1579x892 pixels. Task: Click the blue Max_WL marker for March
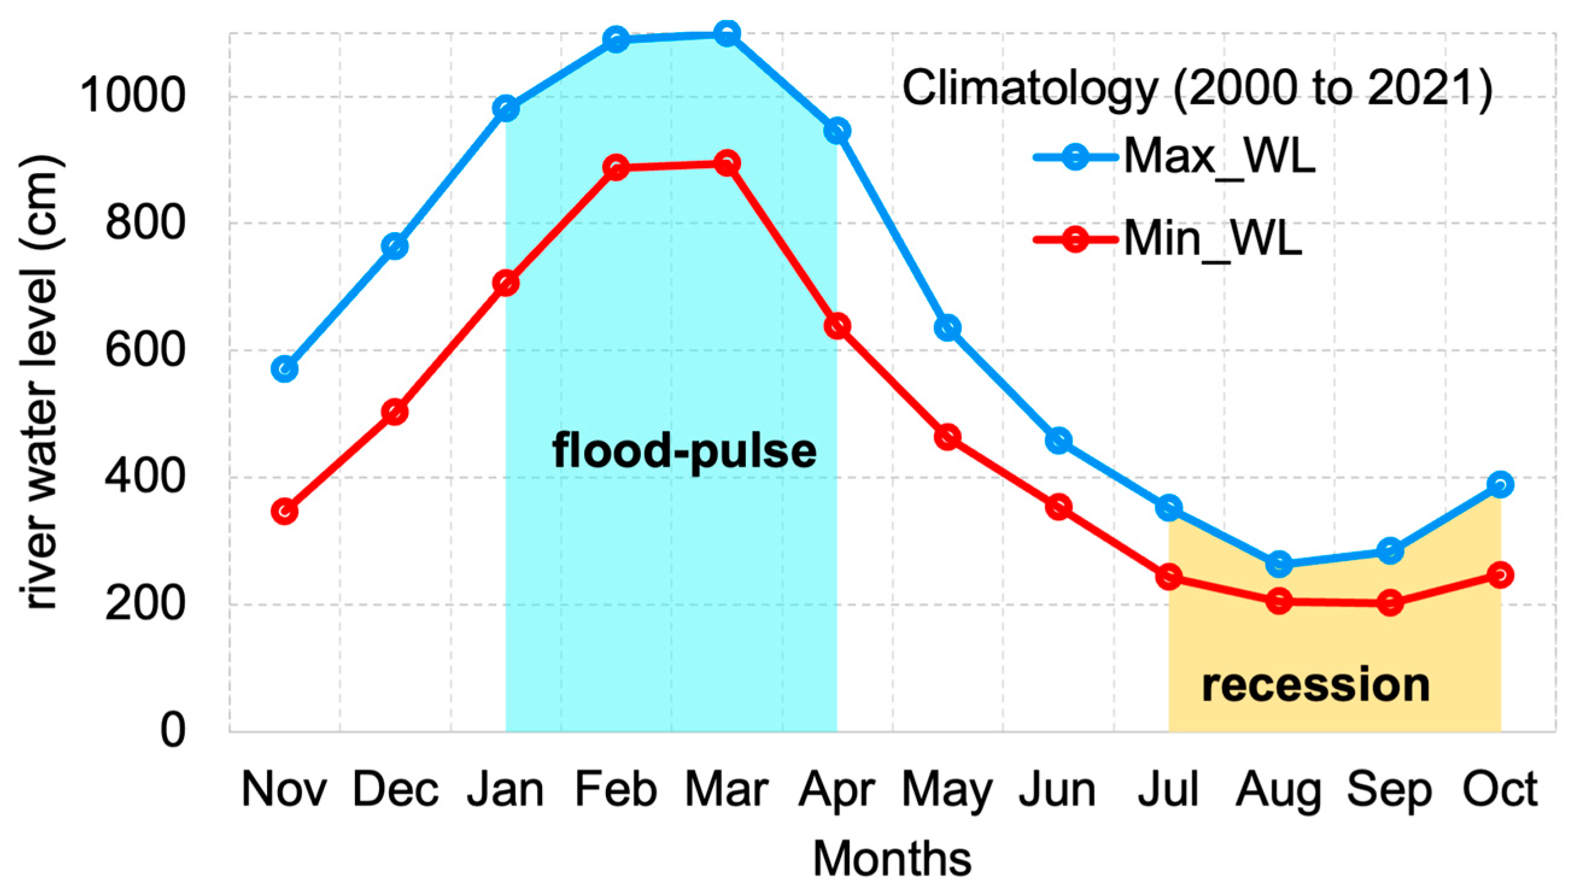coord(727,34)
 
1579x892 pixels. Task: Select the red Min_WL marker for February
coord(616,168)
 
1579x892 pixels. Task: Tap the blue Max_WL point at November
coord(285,369)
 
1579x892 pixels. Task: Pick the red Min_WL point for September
coord(1390,603)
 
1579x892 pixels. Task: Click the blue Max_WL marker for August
coord(1279,564)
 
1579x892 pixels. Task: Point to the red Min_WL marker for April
coord(837,326)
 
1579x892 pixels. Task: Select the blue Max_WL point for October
coord(1500,485)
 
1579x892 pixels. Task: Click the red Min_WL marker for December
coord(395,412)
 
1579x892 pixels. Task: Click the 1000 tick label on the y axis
coord(133,96)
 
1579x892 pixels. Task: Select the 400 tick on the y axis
coord(145,477)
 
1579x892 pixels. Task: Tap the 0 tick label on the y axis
coord(172,731)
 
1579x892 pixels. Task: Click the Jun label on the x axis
coord(1058,790)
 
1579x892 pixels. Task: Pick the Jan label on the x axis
coord(505,790)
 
